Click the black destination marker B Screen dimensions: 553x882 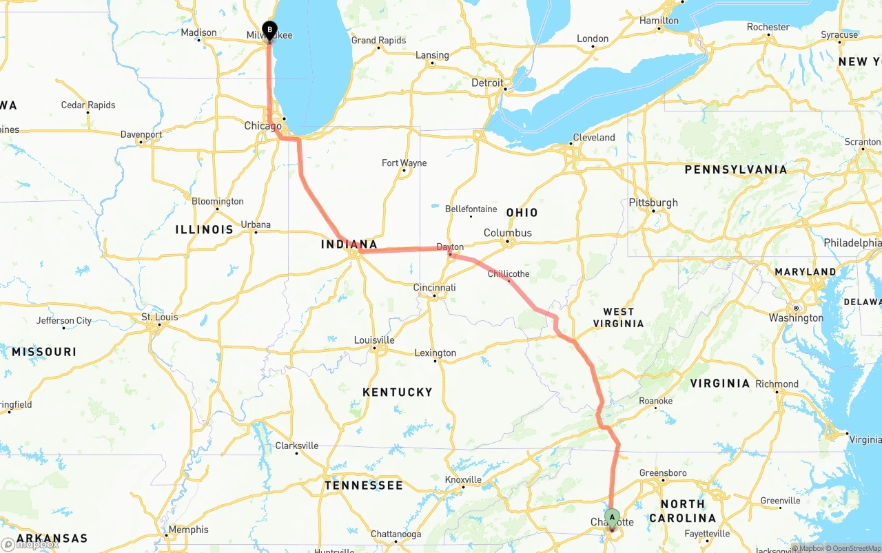[x=269, y=30]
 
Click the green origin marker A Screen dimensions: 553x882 [x=612, y=517]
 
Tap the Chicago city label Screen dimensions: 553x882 [x=263, y=126]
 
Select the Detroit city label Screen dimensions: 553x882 [x=487, y=83]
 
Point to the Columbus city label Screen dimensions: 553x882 [x=507, y=233]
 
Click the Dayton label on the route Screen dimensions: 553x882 [x=450, y=247]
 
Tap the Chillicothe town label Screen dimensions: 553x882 [x=509, y=274]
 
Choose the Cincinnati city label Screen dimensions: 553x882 [x=434, y=287]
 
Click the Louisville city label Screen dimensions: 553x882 [x=374, y=340]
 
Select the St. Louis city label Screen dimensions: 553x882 [x=159, y=317]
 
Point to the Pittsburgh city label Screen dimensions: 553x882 [x=653, y=202]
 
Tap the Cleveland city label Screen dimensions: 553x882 [x=593, y=137]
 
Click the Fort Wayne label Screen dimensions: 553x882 [x=404, y=163]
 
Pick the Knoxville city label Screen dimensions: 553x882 [x=463, y=479]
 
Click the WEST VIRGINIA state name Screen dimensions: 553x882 [x=618, y=317]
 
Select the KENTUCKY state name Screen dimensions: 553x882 [x=398, y=392]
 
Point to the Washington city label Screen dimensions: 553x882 [x=796, y=317]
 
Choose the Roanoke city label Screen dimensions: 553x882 [x=655, y=401]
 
